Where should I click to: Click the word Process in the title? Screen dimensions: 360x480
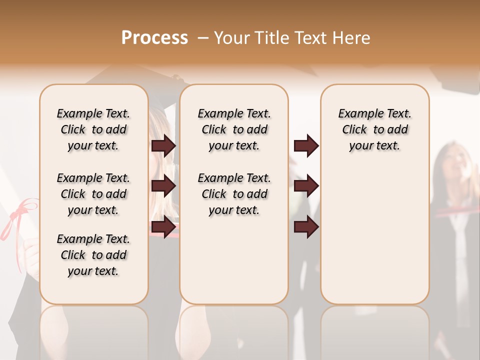tap(154, 37)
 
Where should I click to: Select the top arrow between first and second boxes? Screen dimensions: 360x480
tap(163, 145)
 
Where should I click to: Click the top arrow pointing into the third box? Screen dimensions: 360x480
tap(306, 145)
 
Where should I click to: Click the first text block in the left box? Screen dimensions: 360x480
tap(93, 129)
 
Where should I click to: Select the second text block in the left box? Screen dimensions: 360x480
tap(93, 194)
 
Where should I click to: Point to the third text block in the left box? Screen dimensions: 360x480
tap(93, 255)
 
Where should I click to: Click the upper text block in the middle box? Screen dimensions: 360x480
tap(234, 129)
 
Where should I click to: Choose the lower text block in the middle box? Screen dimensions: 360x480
tap(234, 194)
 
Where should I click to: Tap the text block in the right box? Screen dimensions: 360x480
tap(375, 129)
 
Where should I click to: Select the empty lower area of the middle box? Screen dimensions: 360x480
tap(234, 260)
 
